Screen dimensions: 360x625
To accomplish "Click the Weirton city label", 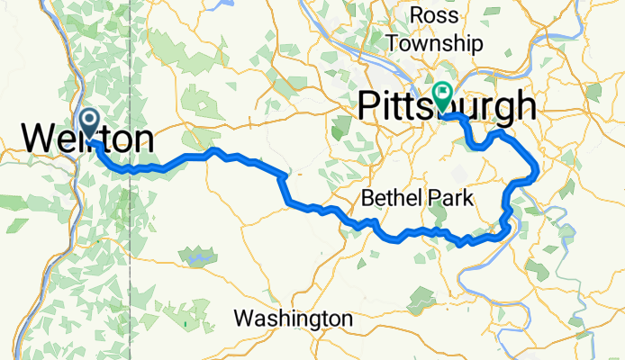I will coord(86,139).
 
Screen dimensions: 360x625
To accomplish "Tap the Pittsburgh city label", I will coord(447,106).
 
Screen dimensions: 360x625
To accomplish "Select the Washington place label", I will coord(293,319).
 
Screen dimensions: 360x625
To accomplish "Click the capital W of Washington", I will coord(243,319).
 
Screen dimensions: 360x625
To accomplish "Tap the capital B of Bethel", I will coord(367,197).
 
